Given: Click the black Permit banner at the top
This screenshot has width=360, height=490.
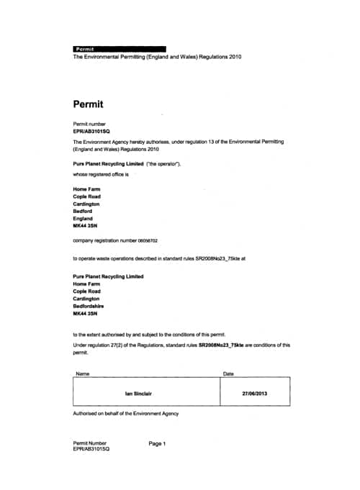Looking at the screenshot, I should click(120, 49).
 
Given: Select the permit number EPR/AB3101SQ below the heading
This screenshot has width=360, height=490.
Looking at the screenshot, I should click(91, 132).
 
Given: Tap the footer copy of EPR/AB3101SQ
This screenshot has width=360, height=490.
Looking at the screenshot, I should click(91, 449).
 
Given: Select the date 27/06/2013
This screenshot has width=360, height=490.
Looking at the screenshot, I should click(255, 394).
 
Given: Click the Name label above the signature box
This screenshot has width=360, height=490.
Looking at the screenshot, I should click(83, 373).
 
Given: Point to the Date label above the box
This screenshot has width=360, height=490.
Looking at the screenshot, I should click(229, 373).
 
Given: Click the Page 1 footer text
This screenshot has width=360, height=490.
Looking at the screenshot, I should click(158, 443).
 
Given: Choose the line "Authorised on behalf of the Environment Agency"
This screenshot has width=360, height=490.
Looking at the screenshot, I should click(126, 414).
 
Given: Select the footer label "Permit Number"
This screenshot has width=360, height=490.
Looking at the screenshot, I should click(90, 443).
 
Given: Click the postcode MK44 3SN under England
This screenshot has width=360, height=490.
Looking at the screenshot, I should click(85, 226).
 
